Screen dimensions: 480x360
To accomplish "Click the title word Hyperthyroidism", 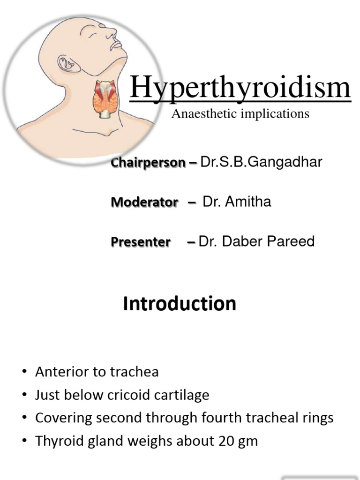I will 240,88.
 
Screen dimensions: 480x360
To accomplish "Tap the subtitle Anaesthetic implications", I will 240,113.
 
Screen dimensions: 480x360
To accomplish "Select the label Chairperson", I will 148,163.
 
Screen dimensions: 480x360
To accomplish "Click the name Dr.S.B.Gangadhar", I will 261,162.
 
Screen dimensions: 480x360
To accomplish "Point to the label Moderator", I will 144,202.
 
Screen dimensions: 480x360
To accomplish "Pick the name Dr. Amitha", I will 237,202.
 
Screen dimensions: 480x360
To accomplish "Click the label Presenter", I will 141,242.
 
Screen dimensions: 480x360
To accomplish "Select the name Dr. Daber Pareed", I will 256,242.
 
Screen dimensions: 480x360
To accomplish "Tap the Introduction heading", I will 180,304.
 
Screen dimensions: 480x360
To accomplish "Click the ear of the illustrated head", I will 65,63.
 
